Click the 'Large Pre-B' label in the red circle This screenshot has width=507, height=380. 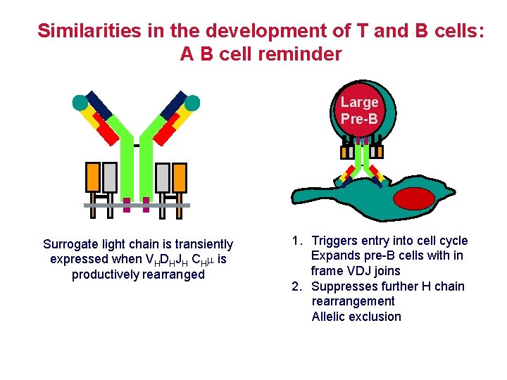(359, 110)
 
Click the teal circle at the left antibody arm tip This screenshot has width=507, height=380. (80, 103)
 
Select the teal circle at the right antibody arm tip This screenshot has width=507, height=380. (192, 103)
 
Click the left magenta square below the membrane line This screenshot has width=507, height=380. (127, 209)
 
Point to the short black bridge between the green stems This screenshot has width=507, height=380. (136, 146)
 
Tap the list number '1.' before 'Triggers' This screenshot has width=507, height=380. (297, 241)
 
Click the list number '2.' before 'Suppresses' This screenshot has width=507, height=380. (297, 286)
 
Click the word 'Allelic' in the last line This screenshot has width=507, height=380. (330, 316)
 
